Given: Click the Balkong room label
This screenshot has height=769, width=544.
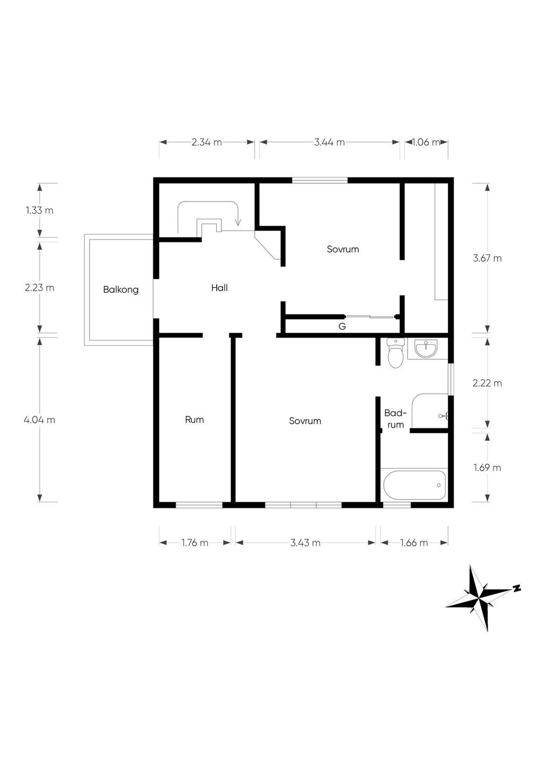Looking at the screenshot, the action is pyautogui.click(x=121, y=290).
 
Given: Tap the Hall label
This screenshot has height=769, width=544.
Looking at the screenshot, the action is pyautogui.click(x=219, y=288).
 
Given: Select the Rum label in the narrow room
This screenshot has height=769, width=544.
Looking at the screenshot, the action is pyautogui.click(x=194, y=420).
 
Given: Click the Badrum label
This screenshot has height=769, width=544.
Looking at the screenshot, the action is pyautogui.click(x=395, y=418).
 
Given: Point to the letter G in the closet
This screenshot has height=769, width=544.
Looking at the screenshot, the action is pyautogui.click(x=342, y=327).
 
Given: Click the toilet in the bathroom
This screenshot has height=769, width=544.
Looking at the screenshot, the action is pyautogui.click(x=396, y=353).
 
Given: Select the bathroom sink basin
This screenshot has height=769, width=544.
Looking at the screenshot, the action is pyautogui.click(x=426, y=348).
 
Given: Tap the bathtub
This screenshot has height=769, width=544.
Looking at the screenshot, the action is pyautogui.click(x=414, y=485).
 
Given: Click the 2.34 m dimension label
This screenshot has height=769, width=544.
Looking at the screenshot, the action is pyautogui.click(x=207, y=142).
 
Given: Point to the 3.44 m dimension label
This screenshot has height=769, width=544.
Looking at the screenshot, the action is pyautogui.click(x=329, y=142).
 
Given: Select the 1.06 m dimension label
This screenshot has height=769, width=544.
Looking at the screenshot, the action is pyautogui.click(x=426, y=142).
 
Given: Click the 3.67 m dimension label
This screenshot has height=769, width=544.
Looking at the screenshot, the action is pyautogui.click(x=487, y=258).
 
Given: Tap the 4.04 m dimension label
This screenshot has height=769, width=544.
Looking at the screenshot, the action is pyautogui.click(x=39, y=420).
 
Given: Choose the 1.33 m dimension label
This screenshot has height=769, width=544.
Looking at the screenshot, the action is pyautogui.click(x=39, y=210).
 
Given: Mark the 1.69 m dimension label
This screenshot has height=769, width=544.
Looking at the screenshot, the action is pyautogui.click(x=487, y=467).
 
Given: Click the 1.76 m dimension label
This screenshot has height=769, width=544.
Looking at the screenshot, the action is pyautogui.click(x=195, y=543).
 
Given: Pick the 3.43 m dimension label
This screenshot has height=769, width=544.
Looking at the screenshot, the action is pyautogui.click(x=305, y=543).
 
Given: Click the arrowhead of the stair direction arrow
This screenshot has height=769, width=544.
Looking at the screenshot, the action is pyautogui.click(x=238, y=223).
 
